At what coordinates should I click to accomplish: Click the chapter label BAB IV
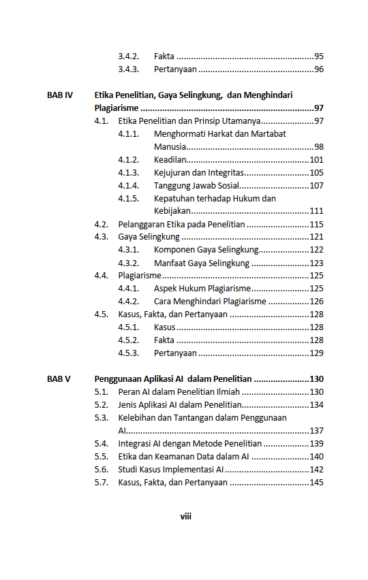[x=60, y=95]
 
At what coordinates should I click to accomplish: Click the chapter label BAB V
[x=59, y=379]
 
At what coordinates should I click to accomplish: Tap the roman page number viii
[x=185, y=516]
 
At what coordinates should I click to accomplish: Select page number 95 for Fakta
[x=318, y=57]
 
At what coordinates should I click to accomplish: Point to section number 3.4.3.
[x=129, y=69]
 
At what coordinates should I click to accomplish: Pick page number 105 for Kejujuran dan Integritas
[x=316, y=173]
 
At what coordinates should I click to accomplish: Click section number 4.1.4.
[x=129, y=186]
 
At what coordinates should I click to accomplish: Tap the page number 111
[x=316, y=211]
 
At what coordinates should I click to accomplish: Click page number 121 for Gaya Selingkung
[x=316, y=237]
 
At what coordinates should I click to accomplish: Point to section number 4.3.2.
[x=129, y=263]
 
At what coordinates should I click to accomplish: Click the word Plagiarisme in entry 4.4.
[x=140, y=276]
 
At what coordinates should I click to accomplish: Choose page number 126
[x=316, y=302]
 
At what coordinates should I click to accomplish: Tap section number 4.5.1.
[x=129, y=327]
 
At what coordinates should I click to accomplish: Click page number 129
[x=316, y=353]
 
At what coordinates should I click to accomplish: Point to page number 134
[x=316, y=405]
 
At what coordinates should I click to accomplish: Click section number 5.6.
[x=102, y=470]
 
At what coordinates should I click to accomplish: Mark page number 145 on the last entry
[x=316, y=483]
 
